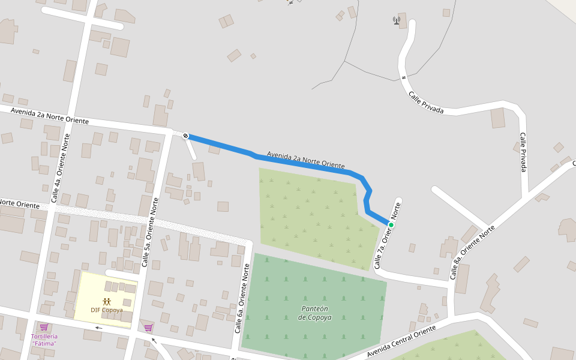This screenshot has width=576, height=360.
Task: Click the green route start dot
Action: point(391,225)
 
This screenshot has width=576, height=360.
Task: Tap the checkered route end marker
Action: point(186,136)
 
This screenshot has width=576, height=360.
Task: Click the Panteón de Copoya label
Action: point(314,313)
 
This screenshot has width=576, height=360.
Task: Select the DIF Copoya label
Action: point(107,310)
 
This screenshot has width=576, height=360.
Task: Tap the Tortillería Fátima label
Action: point(44,340)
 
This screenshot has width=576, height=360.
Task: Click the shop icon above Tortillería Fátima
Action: point(44,327)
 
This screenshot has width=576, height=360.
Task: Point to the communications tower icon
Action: point(397,20)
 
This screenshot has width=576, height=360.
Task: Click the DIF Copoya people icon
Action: point(107,301)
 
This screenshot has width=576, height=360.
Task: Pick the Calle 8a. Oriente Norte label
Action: point(473,252)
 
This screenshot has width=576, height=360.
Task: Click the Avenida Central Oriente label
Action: point(401,341)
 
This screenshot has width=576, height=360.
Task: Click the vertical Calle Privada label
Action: point(523,152)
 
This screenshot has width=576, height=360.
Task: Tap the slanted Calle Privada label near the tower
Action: point(426,103)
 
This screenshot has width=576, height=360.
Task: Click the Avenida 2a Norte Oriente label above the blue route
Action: point(305,159)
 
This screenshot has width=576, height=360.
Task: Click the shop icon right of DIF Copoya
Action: point(148,328)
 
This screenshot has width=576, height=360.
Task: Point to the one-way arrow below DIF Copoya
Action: point(98,328)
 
